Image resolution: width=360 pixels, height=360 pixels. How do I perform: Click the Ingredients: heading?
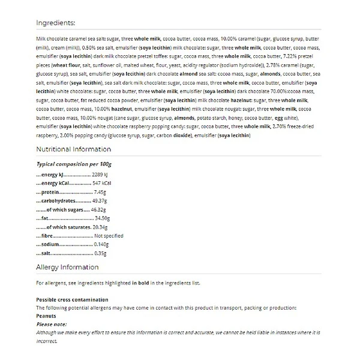pyautogui.click(x=55, y=23)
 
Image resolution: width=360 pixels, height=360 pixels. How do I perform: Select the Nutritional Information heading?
pyautogui.click(x=73, y=149)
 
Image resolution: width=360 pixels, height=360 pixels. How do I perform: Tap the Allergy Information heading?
pyautogui.click(x=67, y=267)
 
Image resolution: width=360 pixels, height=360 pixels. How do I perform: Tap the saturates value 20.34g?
pyautogui.click(x=100, y=227)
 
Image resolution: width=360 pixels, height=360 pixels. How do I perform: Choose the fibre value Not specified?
pyautogui.click(x=108, y=236)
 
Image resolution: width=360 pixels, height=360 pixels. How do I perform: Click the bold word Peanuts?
pyautogui.click(x=46, y=316)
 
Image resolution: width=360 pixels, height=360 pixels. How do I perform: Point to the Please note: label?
pyautogui.click(x=51, y=323)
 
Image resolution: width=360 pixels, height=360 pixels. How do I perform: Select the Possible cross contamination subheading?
pyautogui.click(x=72, y=299)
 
